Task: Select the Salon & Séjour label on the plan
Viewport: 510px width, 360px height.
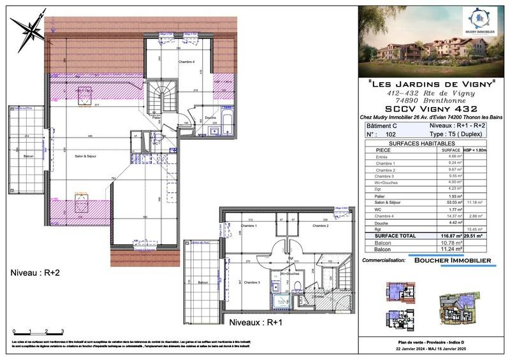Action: pos(84,156)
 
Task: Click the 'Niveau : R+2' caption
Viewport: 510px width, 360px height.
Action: pos(36,273)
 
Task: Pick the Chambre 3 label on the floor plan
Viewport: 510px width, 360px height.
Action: pos(252,282)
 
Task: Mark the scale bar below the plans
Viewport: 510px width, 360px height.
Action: pos(38,331)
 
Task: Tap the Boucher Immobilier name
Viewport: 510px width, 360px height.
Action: pos(453,261)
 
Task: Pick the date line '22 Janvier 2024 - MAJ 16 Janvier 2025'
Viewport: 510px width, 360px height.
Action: pos(433,349)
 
